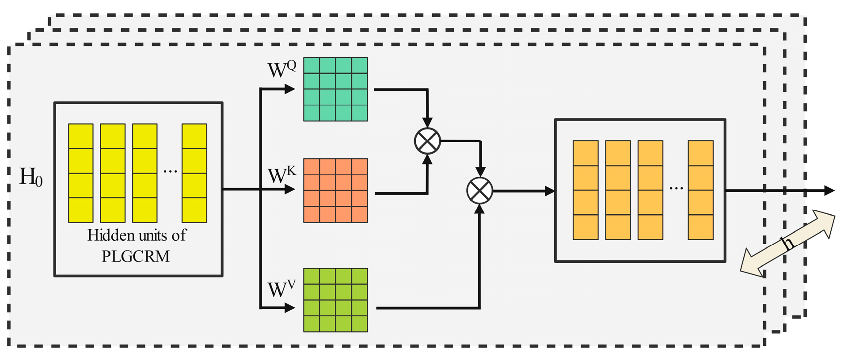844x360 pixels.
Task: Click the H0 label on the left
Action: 31,177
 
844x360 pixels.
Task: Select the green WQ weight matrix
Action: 335,89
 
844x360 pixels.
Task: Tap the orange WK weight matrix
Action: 335,190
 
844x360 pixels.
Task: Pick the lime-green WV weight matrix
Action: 335,300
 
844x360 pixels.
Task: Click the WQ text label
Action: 281,69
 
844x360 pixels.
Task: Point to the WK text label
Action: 281,175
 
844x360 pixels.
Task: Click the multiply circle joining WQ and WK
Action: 427,141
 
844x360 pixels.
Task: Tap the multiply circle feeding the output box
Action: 479,191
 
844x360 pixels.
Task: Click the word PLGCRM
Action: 136,256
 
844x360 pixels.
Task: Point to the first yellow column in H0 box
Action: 80,173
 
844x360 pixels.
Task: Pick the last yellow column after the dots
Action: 194,173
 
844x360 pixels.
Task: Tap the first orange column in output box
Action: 585,190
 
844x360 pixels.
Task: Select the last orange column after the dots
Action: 700,190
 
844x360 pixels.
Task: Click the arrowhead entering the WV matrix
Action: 290,308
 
